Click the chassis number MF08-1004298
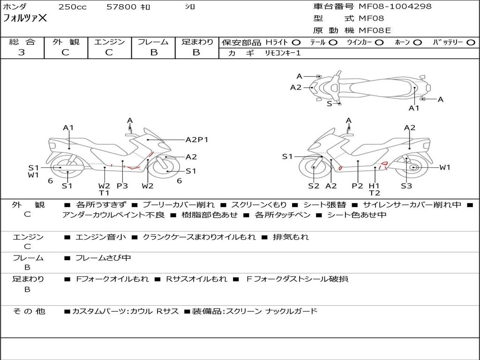[x=395, y=6]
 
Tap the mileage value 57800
[x=121, y=7]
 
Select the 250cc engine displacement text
[x=73, y=7]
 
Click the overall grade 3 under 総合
[x=22, y=52]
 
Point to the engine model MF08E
[x=375, y=30]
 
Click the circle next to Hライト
[x=296, y=43]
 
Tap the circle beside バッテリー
[x=471, y=43]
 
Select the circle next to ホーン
[x=417, y=43]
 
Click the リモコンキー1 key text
[x=283, y=53]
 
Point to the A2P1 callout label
[x=197, y=140]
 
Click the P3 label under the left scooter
[x=122, y=186]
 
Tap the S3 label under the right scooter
[x=406, y=186]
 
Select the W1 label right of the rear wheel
[x=445, y=167]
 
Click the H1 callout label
[x=374, y=186]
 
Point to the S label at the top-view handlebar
[x=330, y=104]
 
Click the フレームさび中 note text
[x=103, y=258]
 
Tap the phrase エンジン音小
[x=100, y=237]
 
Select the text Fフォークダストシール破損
[x=297, y=279]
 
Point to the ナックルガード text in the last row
[x=291, y=311]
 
